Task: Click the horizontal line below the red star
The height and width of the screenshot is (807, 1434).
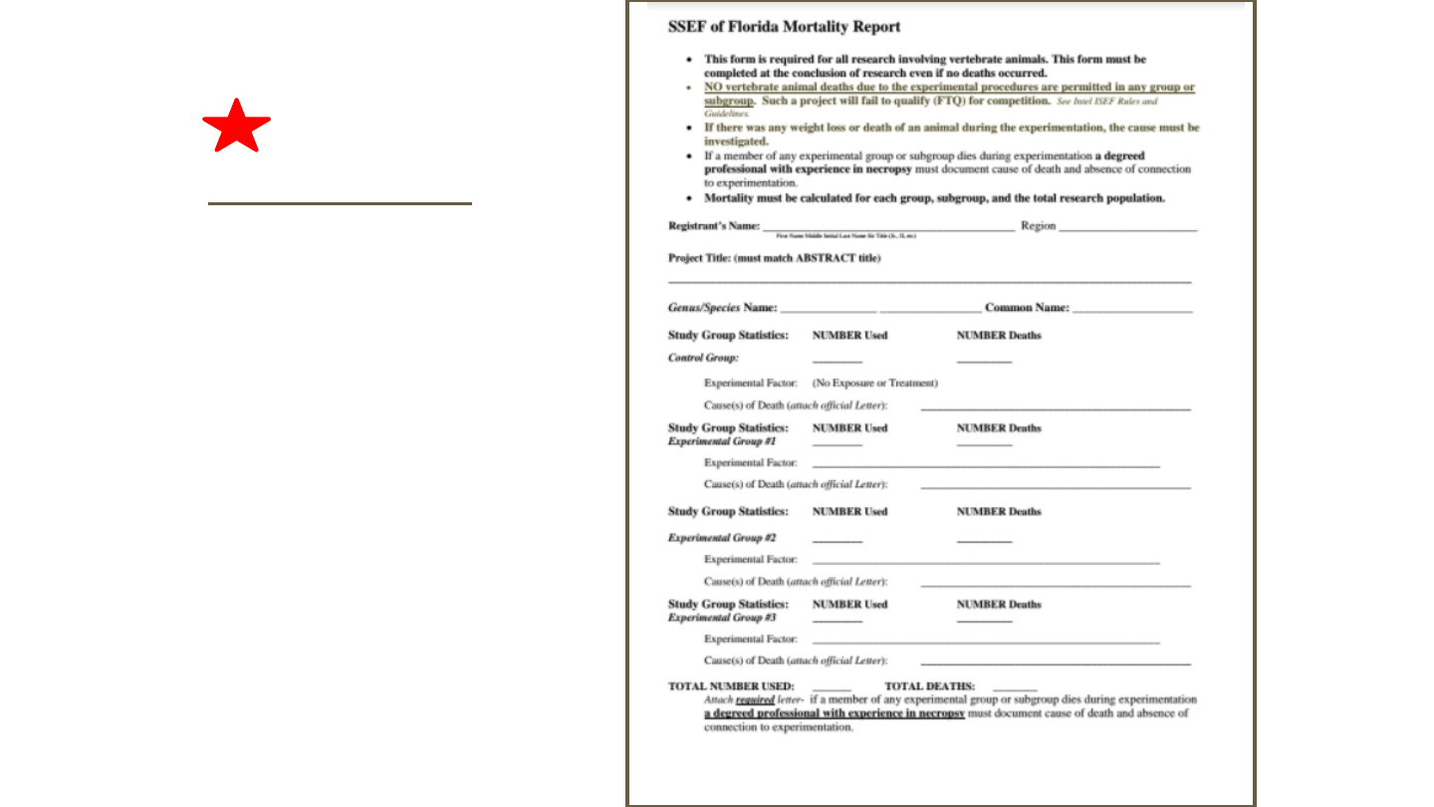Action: pos(340,203)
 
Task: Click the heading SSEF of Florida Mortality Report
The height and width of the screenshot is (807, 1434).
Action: pos(784,27)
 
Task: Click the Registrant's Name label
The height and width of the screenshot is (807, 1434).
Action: pos(714,226)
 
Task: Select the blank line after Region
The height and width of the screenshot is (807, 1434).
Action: pos(1128,229)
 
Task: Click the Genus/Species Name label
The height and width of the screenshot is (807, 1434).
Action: pos(722,308)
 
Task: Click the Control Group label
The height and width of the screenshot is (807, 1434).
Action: pos(703,358)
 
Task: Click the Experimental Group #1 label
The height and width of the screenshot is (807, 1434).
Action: pos(722,441)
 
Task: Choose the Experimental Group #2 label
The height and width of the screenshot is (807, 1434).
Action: pos(722,538)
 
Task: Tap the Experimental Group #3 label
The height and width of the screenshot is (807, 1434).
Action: pos(722,618)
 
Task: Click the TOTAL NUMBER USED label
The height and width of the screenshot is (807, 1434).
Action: pos(731,686)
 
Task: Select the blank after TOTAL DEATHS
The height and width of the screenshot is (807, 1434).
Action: pos(1015,689)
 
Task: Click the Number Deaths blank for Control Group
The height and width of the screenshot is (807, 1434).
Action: pos(984,361)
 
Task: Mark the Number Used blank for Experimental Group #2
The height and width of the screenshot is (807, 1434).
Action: pos(836,540)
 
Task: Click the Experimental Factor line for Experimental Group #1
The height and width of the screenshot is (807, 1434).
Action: pos(986,465)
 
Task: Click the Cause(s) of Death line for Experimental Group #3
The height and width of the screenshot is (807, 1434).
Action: pos(1056,663)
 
